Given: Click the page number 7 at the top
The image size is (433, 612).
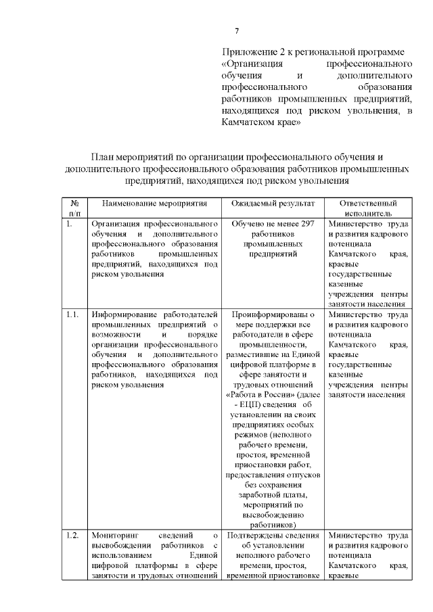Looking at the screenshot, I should pos(237,31).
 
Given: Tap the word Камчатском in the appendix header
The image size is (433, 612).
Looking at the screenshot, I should pos(247,124).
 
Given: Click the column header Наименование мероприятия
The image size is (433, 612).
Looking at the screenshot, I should pos(152,203).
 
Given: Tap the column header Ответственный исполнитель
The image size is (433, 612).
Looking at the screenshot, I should pos(367,208).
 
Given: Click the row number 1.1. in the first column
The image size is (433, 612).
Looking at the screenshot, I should pos(73,314).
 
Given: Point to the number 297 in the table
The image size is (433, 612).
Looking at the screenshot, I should pos(306,223).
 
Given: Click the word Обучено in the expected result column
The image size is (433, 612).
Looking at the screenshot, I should pos(247,223).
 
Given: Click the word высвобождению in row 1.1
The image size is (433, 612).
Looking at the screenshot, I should pos(273,514).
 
